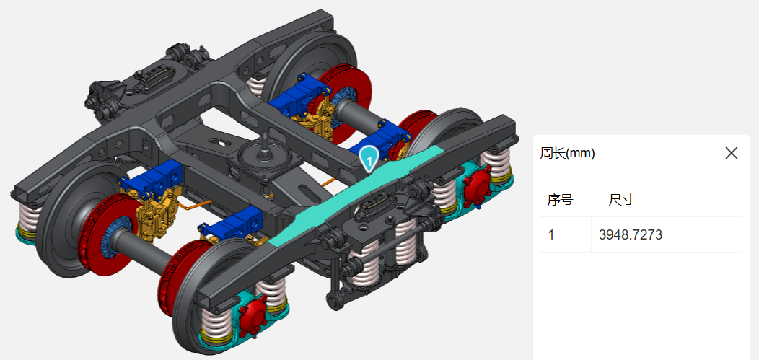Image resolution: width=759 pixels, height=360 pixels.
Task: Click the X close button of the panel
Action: [x=732, y=154]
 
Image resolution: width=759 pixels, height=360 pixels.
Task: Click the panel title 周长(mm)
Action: [x=567, y=154]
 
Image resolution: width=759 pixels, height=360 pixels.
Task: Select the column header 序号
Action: [x=560, y=199]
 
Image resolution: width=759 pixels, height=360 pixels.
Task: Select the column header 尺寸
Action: [x=621, y=199]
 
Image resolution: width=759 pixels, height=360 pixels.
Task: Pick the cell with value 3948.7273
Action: [x=631, y=235]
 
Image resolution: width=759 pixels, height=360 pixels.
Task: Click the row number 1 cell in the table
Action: [x=551, y=235]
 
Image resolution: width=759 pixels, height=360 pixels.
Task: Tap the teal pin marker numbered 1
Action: [x=369, y=159]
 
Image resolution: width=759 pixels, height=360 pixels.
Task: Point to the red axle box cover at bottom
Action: [x=253, y=313]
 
